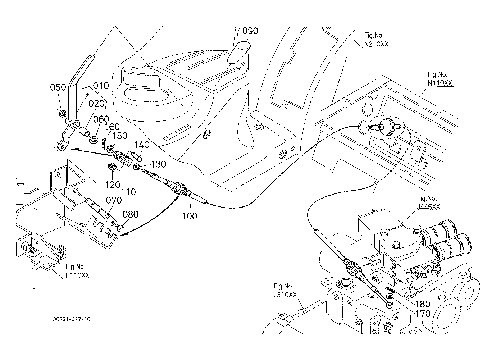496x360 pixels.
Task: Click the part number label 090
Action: coord(250,31)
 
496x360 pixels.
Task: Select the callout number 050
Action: coord(58,87)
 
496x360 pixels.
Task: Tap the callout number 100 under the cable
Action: coord(190,216)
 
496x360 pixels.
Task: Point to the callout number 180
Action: coord(422,304)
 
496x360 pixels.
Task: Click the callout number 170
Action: coord(422,313)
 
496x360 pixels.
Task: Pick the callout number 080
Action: coord(130,214)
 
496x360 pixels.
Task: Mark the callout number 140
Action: coord(142,145)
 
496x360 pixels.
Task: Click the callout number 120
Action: coord(113,184)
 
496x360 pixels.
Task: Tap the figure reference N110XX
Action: coord(440,83)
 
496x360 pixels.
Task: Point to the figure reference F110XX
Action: coord(77,275)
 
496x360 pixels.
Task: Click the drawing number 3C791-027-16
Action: coord(70,319)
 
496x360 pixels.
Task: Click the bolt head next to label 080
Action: coord(121,227)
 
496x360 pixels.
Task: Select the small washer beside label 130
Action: coord(137,167)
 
